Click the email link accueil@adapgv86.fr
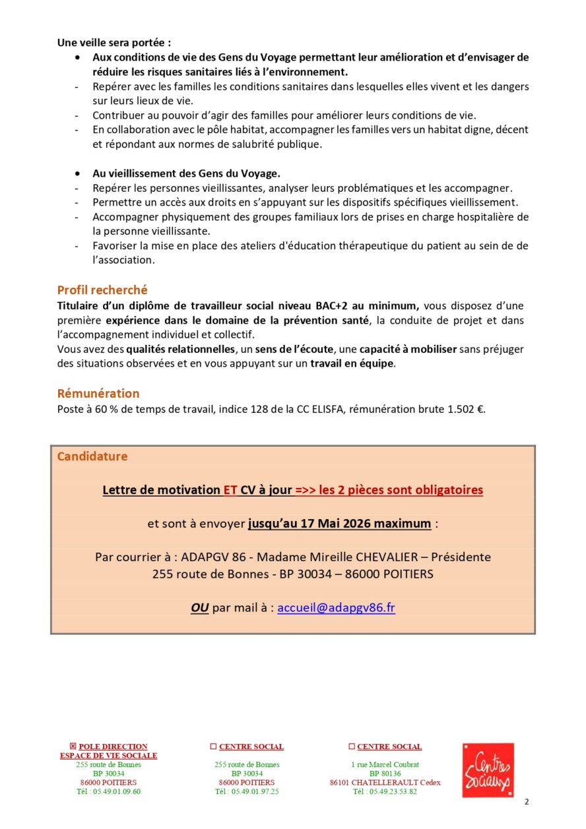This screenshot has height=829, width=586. (336, 608)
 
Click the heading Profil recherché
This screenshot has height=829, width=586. (102, 290)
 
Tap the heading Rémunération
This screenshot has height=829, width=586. (98, 394)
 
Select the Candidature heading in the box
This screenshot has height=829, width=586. (92, 456)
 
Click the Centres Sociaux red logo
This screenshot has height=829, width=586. (488, 770)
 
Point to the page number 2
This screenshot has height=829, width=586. (527, 802)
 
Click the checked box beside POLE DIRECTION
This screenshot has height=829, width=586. (73, 747)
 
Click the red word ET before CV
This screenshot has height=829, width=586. (230, 490)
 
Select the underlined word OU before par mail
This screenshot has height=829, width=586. (199, 608)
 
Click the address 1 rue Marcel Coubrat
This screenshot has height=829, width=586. (385, 765)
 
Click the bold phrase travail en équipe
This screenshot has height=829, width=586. (353, 364)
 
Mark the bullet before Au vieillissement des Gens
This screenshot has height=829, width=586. (79, 173)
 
